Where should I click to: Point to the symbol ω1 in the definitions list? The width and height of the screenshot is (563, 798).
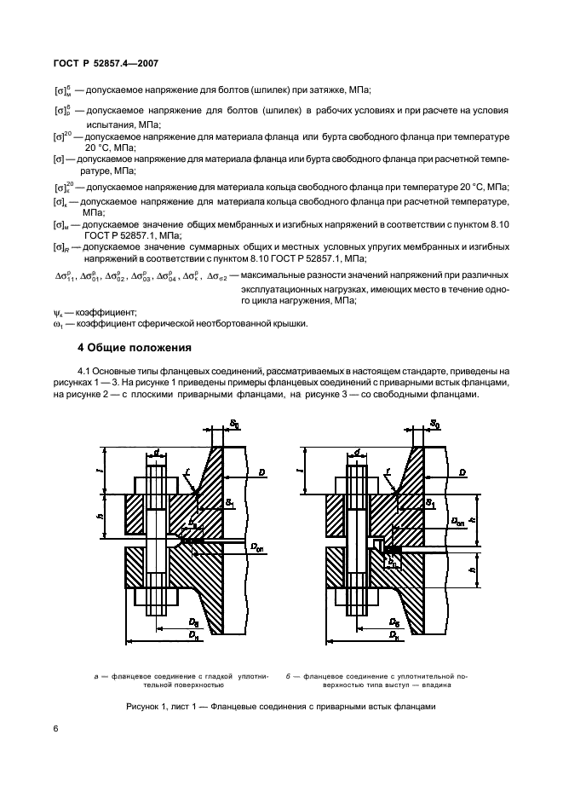pyautogui.click(x=58, y=323)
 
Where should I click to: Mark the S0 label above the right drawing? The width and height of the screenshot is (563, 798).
pyautogui.click(x=435, y=446)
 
